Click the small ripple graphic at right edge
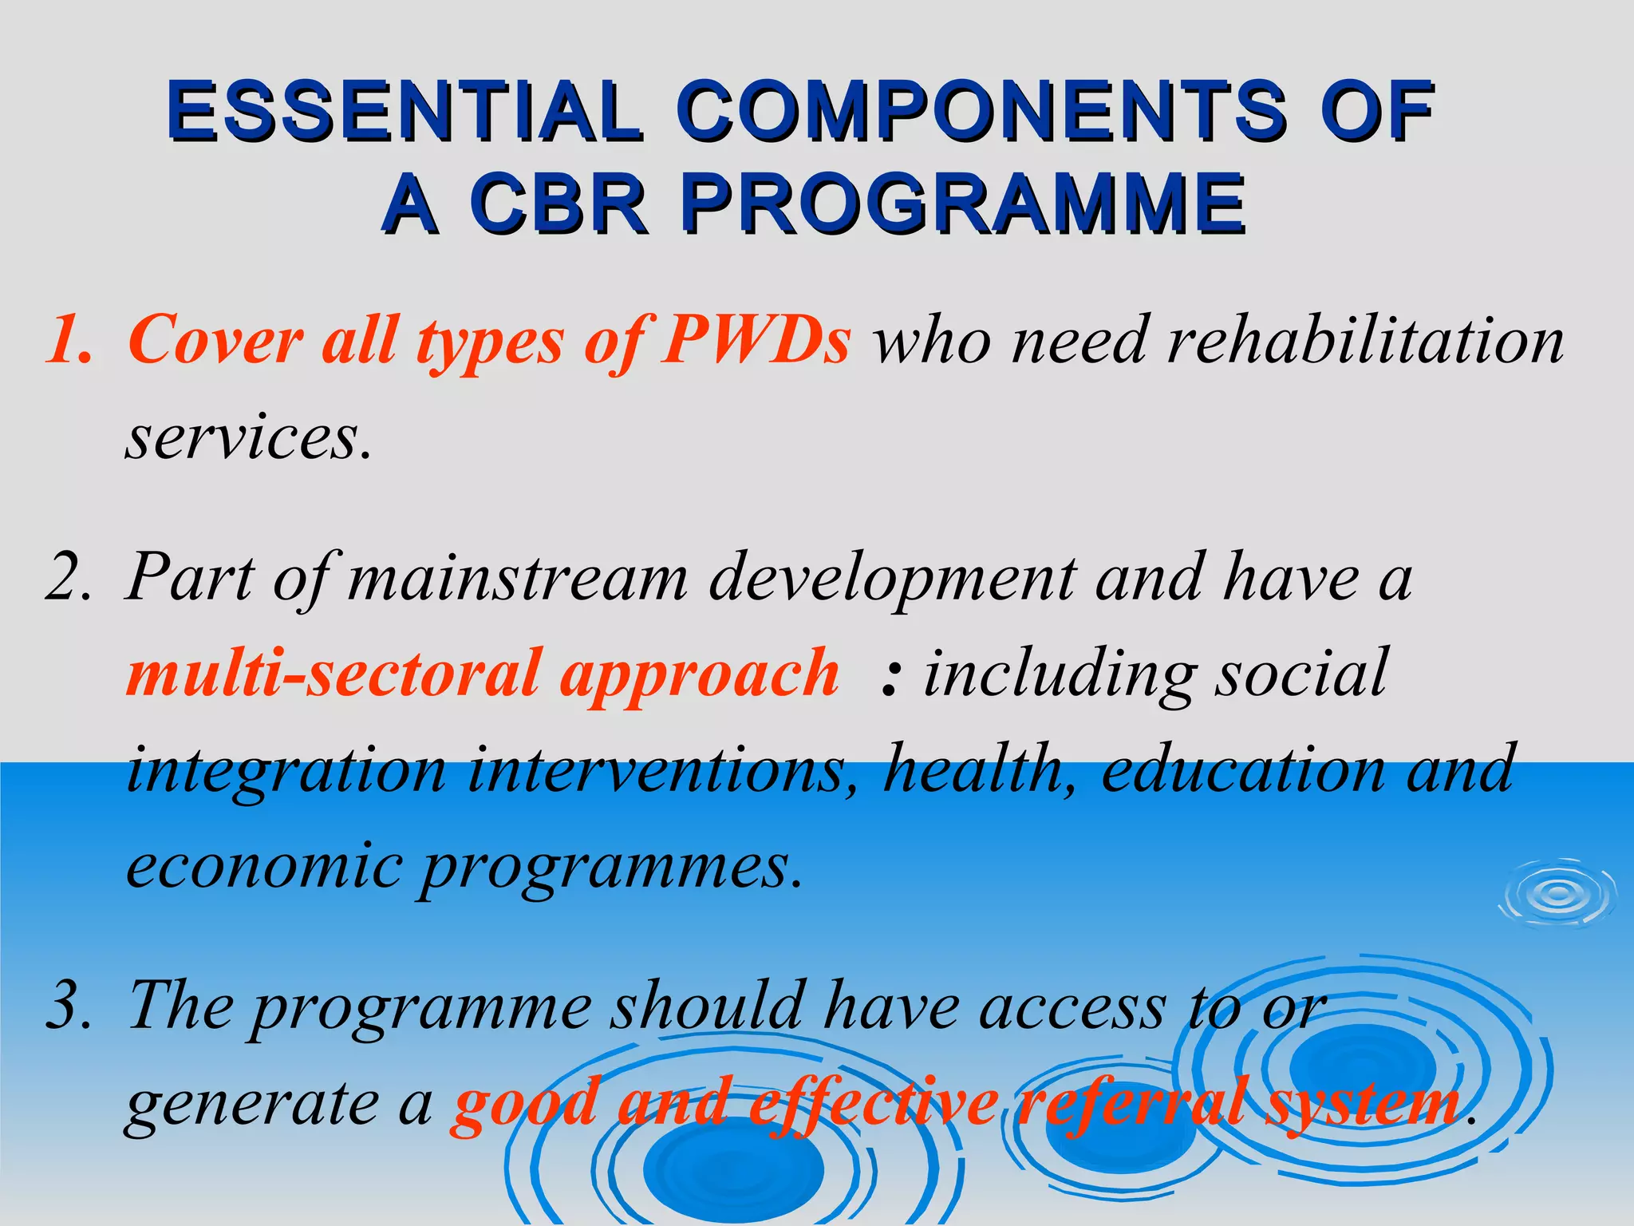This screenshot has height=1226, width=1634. coord(1557,895)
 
